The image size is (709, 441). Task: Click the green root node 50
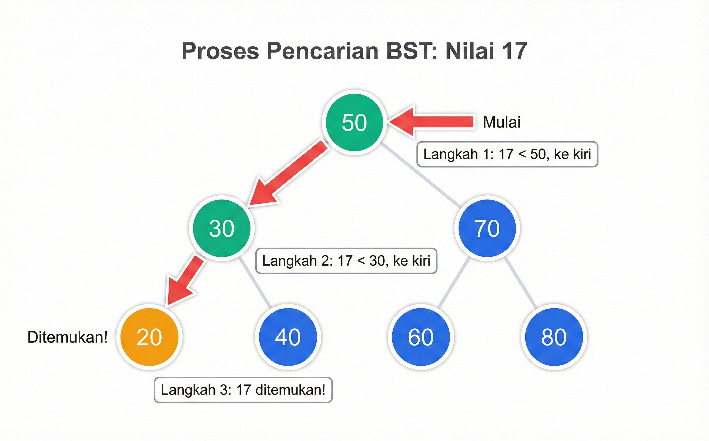coord(354,122)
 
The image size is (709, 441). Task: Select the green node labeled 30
coord(222,228)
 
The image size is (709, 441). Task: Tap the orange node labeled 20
coord(149,337)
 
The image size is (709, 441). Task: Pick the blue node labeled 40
coord(288,337)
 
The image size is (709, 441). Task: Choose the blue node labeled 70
coord(487,228)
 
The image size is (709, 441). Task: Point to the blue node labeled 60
coord(420,337)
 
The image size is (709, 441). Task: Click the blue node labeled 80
coord(554,337)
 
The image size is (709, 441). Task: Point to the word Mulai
coord(501,122)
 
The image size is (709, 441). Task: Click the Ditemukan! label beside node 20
coord(67,337)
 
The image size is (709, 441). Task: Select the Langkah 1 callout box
coord(507,154)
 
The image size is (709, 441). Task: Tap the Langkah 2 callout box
coord(346,261)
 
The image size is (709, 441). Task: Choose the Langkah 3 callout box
coord(243,390)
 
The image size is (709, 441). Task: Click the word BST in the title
coord(412,51)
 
